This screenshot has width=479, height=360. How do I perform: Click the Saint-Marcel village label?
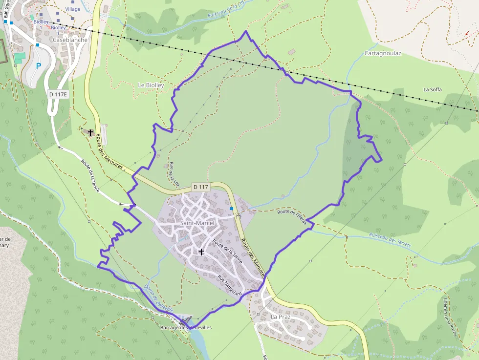point(197,223)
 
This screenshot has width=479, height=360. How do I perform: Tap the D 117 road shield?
point(200,187)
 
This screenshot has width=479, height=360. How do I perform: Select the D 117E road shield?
point(58,94)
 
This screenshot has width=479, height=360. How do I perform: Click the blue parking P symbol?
point(39,65)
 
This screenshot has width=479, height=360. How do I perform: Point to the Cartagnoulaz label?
point(383,53)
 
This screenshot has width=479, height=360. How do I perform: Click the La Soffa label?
point(433,89)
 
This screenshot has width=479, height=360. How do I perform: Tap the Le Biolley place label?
point(151,85)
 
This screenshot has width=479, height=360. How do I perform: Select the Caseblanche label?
point(70,40)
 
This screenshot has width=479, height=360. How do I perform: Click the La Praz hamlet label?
point(281,317)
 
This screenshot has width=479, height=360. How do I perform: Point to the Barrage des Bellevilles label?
point(186,327)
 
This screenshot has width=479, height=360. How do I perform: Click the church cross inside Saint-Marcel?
point(201,252)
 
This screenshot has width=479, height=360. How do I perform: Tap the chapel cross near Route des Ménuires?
point(90,132)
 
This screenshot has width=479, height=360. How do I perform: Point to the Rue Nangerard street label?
point(230,286)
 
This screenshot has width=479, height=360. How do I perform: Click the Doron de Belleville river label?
point(158,298)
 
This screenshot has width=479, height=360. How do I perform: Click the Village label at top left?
point(73,9)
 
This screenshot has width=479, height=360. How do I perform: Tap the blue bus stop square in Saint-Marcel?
point(232,208)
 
